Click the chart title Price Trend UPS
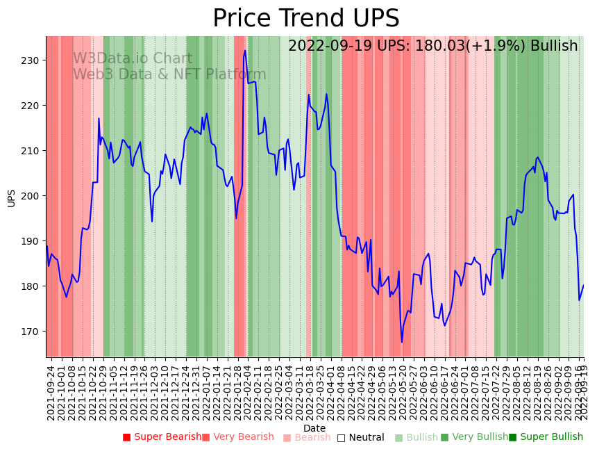point(305,19)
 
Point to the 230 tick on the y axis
point(33,60)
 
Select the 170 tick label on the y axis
point(33,332)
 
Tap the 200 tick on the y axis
point(33,196)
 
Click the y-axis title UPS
point(11,197)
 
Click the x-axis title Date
point(314,429)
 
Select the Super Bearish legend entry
point(162,437)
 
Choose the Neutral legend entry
point(360,437)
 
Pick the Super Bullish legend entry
point(546,437)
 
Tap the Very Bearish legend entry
point(238,437)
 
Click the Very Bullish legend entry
point(475,437)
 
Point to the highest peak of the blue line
point(245,50)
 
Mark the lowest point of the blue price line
point(401,342)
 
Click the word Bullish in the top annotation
point(553,47)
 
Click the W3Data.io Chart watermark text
point(132,59)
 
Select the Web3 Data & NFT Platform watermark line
point(169,74)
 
